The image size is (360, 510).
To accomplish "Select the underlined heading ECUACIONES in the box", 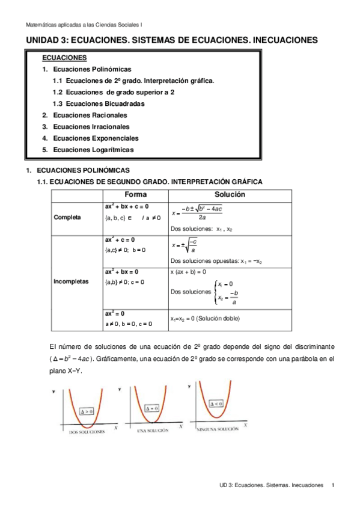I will pyautogui.click(x=64, y=58).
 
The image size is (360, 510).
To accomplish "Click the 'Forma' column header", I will pyautogui.click(x=135, y=195).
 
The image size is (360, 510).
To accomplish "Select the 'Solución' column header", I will pyautogui.click(x=230, y=195).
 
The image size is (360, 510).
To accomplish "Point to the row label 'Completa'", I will pyautogui.click(x=67, y=217).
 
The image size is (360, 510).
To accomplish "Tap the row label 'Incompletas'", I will pyautogui.click(x=70, y=281).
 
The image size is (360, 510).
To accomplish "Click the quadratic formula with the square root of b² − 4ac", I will pyautogui.click(x=198, y=212).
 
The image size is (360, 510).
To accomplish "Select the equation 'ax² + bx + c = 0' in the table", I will pyautogui.click(x=127, y=206).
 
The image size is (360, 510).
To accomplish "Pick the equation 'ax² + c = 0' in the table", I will pyautogui.click(x=120, y=239).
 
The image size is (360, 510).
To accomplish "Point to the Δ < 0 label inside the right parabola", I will pyautogui.click(x=216, y=404).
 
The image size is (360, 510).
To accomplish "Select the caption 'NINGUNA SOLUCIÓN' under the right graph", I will pyautogui.click(x=217, y=429).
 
